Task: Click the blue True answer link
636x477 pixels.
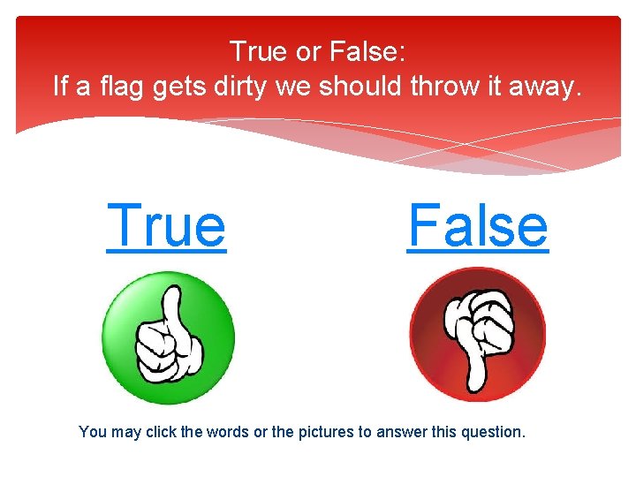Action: [x=166, y=226]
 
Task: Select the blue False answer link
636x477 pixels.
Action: [x=478, y=226]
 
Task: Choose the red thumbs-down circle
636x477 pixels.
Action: [x=477, y=335]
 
